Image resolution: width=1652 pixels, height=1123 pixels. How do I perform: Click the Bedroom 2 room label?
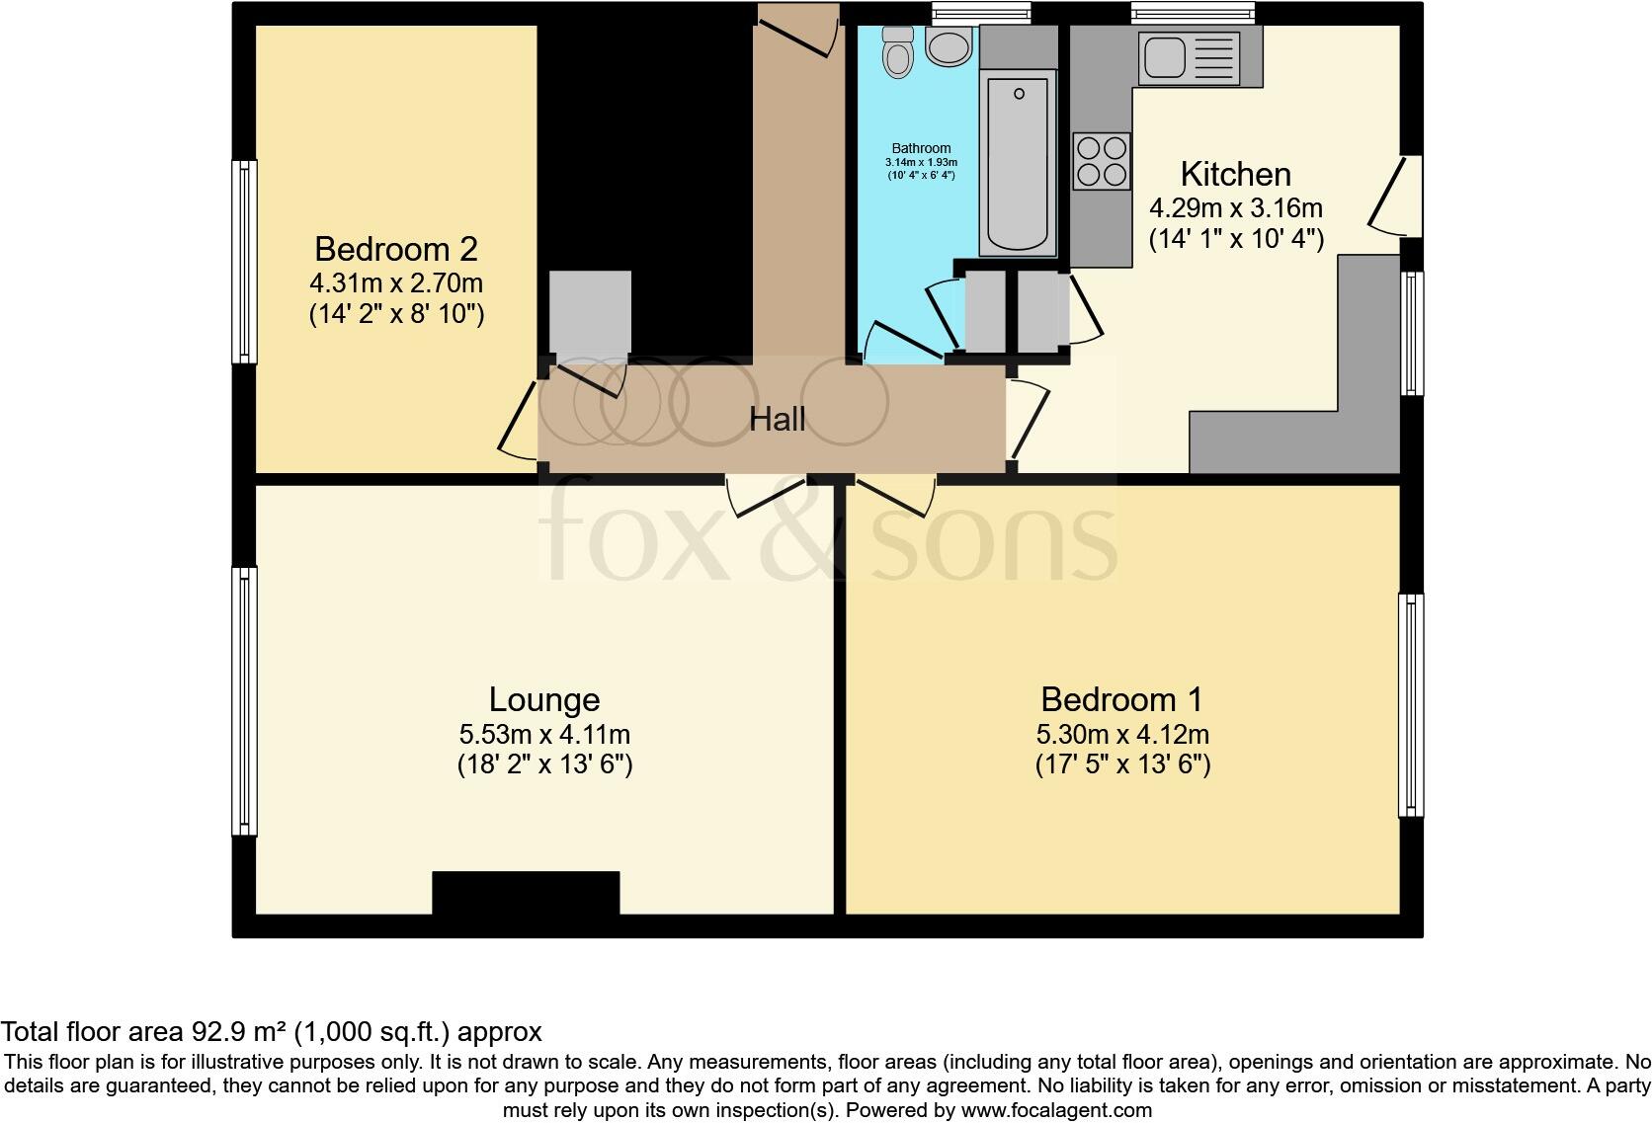click(x=396, y=248)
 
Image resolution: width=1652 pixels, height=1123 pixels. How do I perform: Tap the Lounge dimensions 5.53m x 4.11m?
click(x=544, y=735)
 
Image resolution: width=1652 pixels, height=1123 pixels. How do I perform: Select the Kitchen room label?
click(x=1235, y=175)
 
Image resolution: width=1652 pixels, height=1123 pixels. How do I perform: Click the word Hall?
click(x=777, y=419)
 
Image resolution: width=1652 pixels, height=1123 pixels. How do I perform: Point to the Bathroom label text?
click(x=920, y=148)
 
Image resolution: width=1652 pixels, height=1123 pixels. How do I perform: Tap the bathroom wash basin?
click(x=950, y=45)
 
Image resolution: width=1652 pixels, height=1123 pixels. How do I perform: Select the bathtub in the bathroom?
click(x=1017, y=163)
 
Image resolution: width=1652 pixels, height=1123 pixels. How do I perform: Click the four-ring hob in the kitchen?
click(x=1102, y=161)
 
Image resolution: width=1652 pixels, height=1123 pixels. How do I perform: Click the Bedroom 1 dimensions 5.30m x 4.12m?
click(x=1122, y=735)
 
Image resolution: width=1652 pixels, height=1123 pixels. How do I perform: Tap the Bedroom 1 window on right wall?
click(x=1410, y=704)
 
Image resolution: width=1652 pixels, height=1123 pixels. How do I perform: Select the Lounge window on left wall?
click(x=244, y=699)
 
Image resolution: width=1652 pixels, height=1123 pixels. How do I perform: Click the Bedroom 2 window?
click(x=244, y=262)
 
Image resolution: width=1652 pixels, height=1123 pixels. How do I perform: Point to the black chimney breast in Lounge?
click(x=526, y=893)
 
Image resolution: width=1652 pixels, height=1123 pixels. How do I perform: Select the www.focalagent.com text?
click(x=1055, y=1110)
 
